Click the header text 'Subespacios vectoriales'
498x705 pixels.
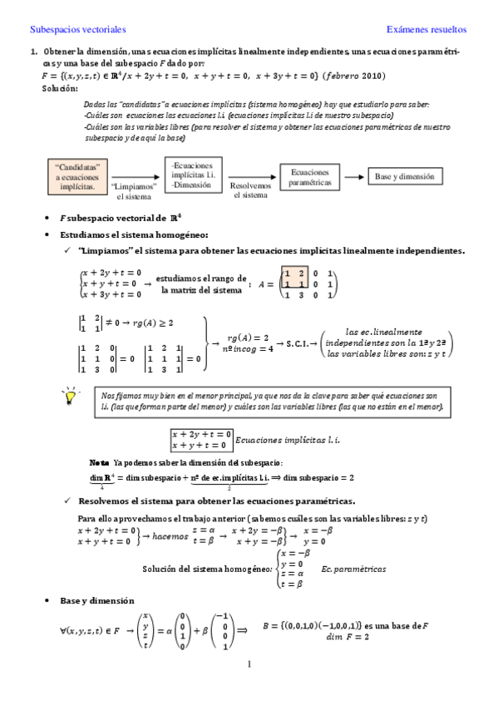coord(77,29)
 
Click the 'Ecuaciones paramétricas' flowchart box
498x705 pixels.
coord(310,175)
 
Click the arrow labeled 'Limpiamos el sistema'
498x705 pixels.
coord(133,176)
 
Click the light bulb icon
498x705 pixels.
coord(67,397)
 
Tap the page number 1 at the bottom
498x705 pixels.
coord(249,664)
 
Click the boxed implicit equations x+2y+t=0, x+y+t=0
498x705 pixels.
coord(200,439)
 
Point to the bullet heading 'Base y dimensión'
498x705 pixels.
coord(91,600)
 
